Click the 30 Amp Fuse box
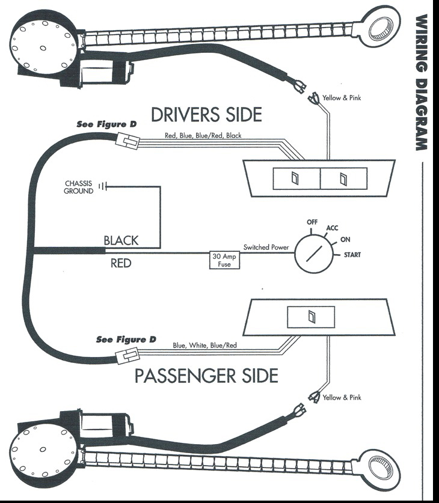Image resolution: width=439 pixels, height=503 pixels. point(224,260)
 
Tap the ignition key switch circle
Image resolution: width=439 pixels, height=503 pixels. point(311,255)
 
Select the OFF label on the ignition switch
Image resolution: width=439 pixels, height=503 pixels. point(312,222)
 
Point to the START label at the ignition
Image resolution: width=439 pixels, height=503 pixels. point(352,255)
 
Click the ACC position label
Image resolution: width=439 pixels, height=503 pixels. point(332,228)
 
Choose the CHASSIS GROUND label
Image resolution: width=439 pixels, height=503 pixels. point(79,187)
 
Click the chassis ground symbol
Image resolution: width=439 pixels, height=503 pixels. point(103,187)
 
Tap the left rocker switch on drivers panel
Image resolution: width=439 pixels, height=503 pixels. point(295,178)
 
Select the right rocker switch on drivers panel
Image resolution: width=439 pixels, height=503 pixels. point(343,178)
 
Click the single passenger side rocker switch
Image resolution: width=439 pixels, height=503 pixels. point(312,317)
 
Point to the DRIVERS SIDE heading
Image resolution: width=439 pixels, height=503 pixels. point(206,114)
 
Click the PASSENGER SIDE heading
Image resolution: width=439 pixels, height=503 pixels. point(206,376)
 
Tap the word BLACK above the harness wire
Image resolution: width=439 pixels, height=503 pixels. point(121,240)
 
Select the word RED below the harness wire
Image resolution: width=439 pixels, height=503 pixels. point(121,263)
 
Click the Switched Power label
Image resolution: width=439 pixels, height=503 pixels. point(265,247)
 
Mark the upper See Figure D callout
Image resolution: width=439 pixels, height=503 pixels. point(106,124)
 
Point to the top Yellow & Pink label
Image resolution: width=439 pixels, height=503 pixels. point(342,98)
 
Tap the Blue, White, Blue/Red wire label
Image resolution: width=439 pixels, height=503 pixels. point(204,346)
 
